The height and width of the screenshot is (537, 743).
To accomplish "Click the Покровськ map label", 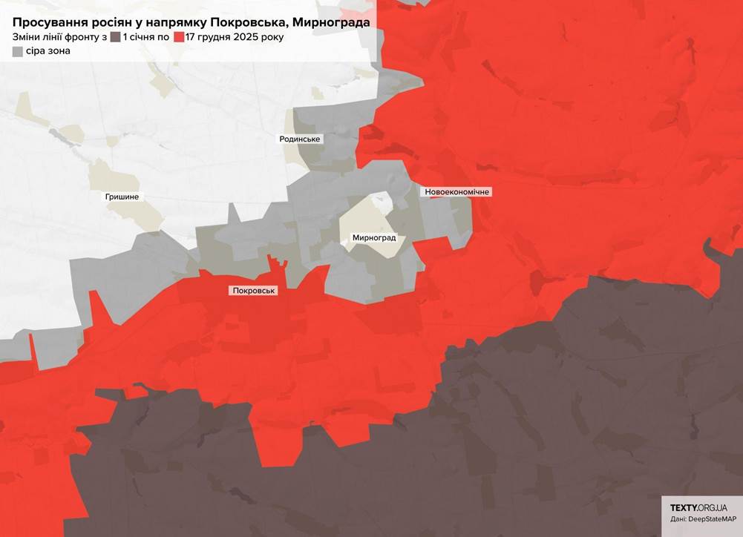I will click(x=254, y=291).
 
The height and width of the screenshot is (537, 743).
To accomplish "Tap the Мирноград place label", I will click(x=375, y=238).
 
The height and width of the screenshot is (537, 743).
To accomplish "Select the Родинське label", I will click(x=301, y=139).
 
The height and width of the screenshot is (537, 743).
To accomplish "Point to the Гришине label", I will click(x=122, y=197).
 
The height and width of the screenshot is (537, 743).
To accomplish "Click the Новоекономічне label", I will click(x=458, y=192).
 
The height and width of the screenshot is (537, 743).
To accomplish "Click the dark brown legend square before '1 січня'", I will click(x=115, y=37).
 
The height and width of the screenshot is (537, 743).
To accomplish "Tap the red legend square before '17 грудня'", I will click(x=178, y=37).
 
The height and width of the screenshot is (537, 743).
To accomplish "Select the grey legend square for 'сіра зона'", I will click(x=17, y=52).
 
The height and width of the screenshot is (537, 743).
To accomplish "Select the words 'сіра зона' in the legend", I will click(x=48, y=52).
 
